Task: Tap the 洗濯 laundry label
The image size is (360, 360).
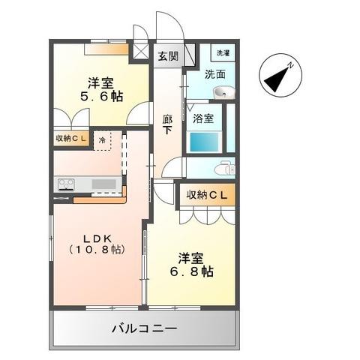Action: [x=223, y=53]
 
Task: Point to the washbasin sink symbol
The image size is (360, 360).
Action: [x=223, y=92]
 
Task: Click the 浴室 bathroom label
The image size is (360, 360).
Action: [x=202, y=118]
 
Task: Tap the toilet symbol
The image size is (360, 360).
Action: [x=223, y=169]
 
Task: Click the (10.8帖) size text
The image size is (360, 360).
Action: [x=97, y=250]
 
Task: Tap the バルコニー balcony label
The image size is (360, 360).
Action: [x=144, y=328]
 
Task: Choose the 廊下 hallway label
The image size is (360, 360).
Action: [x=168, y=123]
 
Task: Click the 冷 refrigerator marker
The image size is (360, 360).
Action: [x=102, y=139]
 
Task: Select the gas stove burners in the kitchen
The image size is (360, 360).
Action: [x=65, y=183]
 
